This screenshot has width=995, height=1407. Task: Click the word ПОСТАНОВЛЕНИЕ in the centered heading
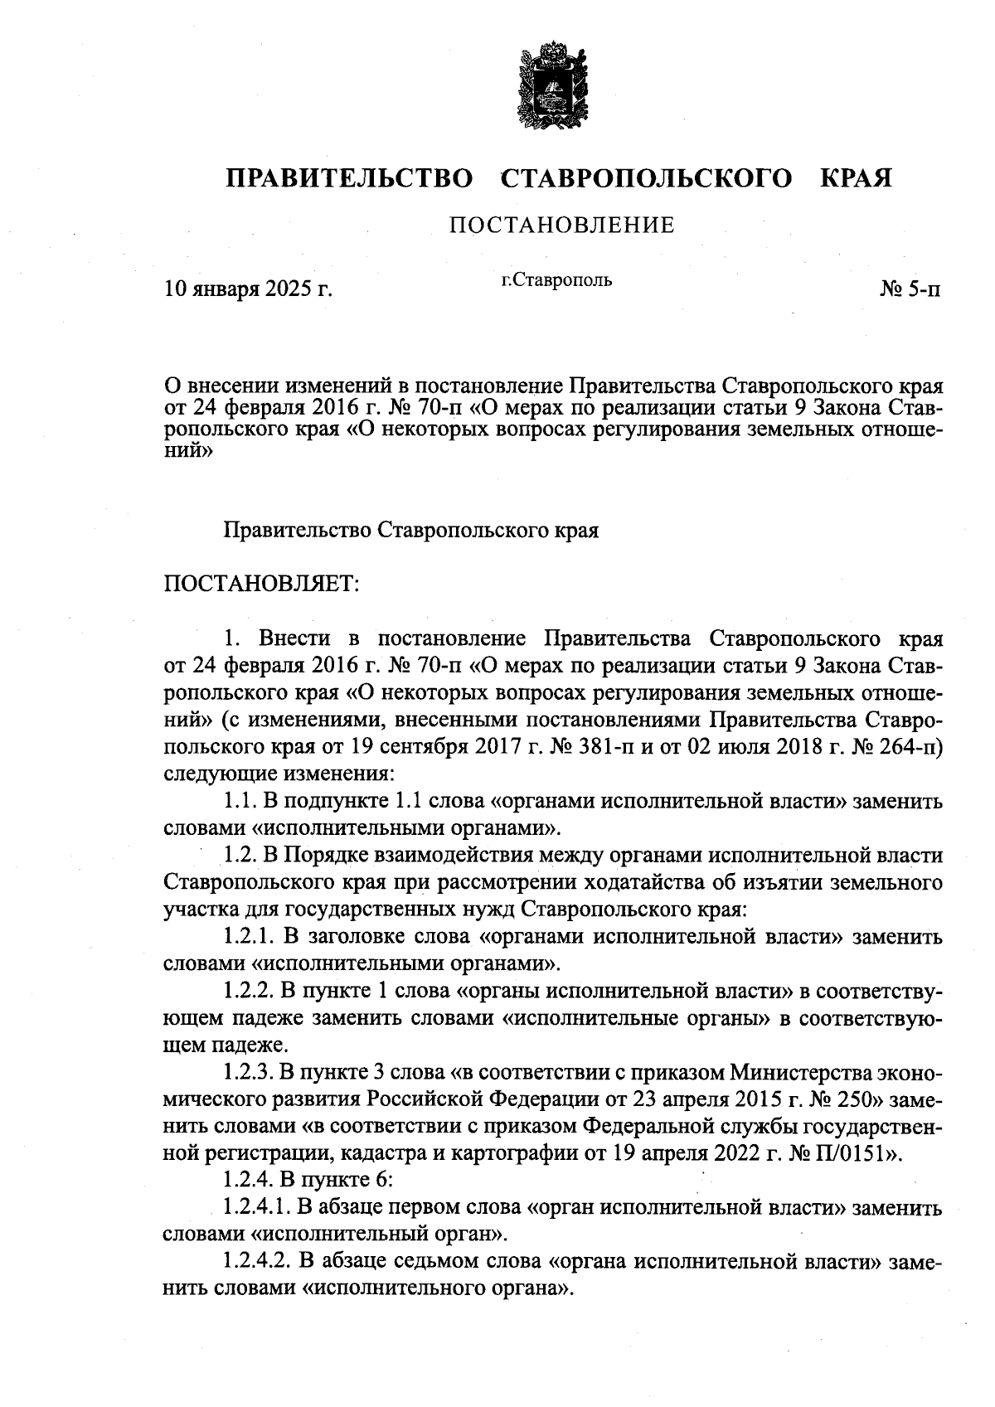coord(561,225)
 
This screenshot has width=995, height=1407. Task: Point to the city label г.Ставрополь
coord(556,280)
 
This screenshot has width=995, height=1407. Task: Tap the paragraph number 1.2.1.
coord(249,937)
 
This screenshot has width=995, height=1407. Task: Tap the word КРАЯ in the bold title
coord(856,178)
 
